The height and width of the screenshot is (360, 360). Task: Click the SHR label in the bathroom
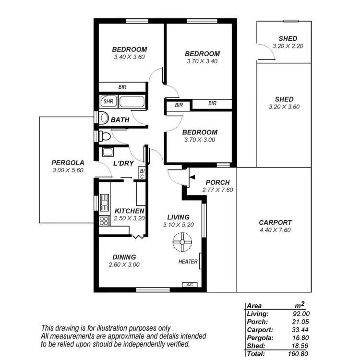click(x=108, y=102)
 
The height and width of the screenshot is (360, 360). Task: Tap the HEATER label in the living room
click(x=188, y=262)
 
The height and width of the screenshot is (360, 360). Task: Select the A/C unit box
click(x=190, y=285)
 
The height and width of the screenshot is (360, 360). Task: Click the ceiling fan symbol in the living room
click(x=182, y=242)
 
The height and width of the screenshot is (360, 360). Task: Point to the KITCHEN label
click(x=129, y=211)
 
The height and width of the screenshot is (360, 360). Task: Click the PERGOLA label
click(x=68, y=162)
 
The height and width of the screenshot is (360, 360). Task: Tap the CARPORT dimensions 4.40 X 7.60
click(x=275, y=230)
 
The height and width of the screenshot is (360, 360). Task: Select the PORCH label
click(x=217, y=182)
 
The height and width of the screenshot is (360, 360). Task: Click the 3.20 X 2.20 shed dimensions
click(x=288, y=46)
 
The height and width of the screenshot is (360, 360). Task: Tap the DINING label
click(x=124, y=257)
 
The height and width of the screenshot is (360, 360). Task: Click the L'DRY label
click(x=123, y=164)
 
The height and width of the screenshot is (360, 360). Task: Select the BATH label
click(x=120, y=120)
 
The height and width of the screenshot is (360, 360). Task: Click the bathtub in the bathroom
click(x=131, y=102)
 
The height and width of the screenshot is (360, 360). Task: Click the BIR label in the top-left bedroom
click(x=123, y=87)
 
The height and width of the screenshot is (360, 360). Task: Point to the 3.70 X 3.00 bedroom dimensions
click(x=200, y=140)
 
